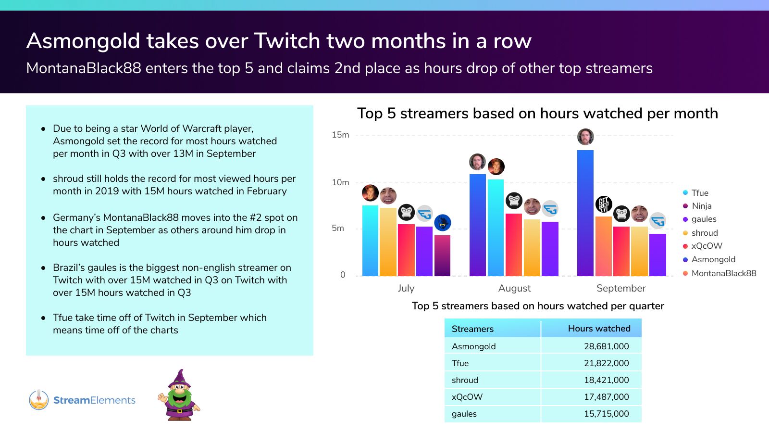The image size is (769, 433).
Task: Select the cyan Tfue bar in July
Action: tap(370, 241)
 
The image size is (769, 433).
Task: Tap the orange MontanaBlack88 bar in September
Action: tap(604, 246)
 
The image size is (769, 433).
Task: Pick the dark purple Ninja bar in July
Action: tap(442, 255)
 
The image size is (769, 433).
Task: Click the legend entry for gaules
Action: tap(703, 219)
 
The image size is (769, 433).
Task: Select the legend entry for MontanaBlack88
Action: tap(723, 273)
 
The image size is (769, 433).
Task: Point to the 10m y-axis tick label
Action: tap(340, 182)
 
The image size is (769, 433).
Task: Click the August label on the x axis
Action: tap(514, 288)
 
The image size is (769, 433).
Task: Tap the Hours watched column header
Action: tap(599, 329)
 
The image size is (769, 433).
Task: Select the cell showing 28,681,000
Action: tap(606, 346)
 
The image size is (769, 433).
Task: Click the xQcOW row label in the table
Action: tap(467, 397)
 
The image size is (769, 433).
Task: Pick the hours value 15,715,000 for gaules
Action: tap(606, 414)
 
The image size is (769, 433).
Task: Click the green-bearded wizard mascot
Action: tap(179, 395)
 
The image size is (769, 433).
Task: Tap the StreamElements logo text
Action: tap(94, 400)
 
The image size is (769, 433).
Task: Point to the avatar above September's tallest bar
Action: tap(585, 137)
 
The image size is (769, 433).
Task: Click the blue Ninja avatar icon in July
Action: tap(443, 223)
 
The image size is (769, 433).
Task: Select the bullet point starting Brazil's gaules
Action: tap(172, 280)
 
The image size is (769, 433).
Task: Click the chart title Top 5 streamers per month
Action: tap(537, 114)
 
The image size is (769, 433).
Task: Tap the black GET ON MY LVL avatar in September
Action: tap(604, 204)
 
